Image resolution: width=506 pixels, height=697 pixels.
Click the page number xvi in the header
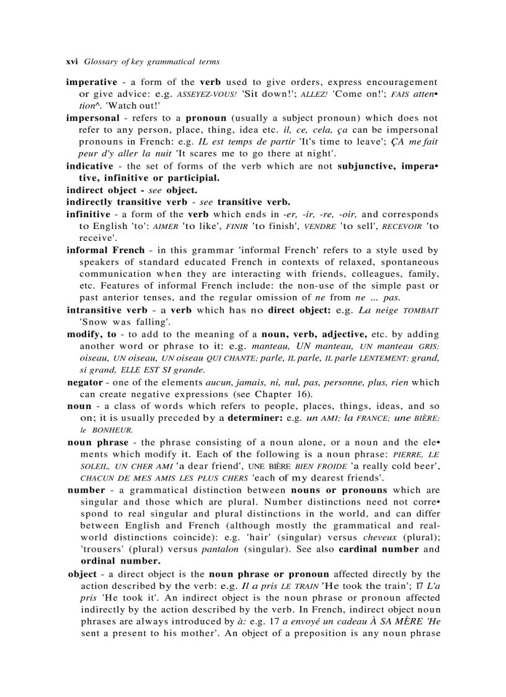pos(73,62)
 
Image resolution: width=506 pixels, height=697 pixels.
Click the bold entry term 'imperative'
pos(91,82)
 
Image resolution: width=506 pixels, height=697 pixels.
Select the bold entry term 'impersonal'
pos(92,117)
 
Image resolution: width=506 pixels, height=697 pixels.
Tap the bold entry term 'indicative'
pos(90,166)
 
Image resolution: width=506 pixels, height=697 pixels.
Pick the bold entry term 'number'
pos(86,490)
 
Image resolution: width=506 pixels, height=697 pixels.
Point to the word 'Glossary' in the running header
pos(100,62)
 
